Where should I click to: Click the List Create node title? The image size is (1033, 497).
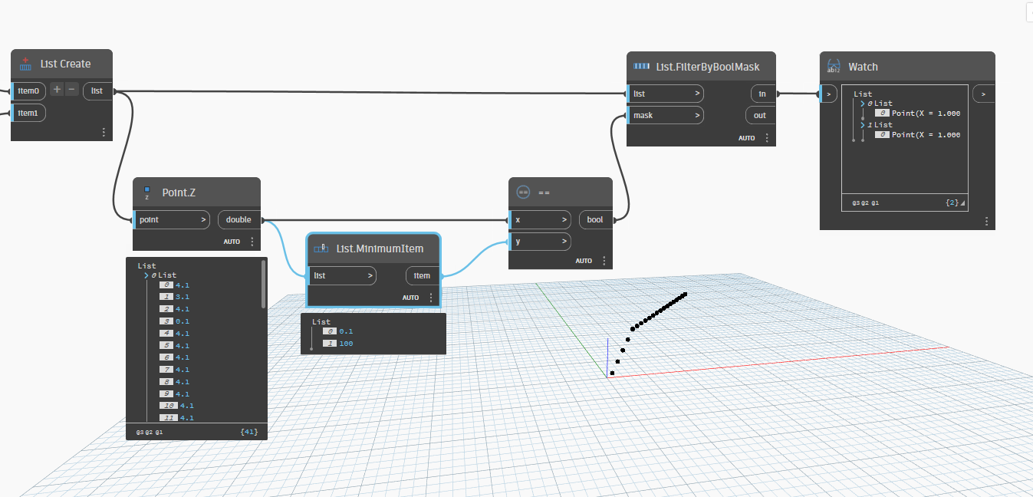[65, 64]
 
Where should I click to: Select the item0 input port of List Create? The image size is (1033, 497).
[28, 91]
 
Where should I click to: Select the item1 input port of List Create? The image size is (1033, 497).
[28, 114]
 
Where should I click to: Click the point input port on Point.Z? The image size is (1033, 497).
[171, 220]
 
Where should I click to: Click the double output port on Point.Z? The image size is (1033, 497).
[239, 220]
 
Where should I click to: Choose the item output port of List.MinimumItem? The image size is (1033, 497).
[422, 275]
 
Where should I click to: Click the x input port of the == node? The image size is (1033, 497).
[540, 220]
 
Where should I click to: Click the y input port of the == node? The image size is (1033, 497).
[540, 242]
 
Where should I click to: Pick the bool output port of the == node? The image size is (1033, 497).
[595, 220]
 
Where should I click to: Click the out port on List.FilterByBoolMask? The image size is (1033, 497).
[760, 115]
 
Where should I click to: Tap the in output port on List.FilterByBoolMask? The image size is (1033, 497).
[762, 94]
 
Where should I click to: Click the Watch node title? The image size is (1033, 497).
[863, 67]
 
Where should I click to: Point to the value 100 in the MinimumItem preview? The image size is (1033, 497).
[346, 344]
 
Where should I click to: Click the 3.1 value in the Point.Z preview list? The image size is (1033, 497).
[182, 297]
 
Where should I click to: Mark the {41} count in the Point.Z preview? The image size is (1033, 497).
[248, 433]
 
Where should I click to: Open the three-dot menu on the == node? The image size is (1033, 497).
[604, 261]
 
